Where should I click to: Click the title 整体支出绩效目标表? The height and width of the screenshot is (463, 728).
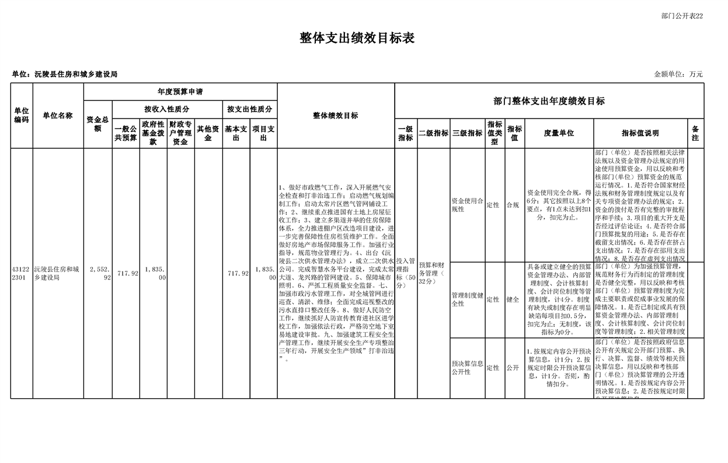[x=357, y=39]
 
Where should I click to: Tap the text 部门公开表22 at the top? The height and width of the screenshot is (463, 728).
[x=682, y=16]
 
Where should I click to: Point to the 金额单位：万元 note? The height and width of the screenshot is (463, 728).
[x=678, y=74]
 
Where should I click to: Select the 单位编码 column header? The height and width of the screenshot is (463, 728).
[x=22, y=116]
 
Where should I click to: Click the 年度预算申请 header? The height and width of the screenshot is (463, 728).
[x=180, y=92]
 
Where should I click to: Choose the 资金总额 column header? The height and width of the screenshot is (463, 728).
[x=97, y=124]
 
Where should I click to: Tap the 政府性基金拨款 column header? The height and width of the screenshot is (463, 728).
[x=153, y=133]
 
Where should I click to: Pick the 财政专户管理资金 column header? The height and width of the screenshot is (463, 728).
[x=180, y=133]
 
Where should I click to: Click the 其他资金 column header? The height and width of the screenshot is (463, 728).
[x=208, y=133]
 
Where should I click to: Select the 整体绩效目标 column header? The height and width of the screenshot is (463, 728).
[x=336, y=116]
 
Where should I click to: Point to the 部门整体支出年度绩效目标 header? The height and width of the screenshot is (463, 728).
[x=549, y=101]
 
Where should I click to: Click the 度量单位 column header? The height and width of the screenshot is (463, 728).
[x=559, y=133]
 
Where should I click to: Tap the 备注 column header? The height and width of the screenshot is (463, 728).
[x=695, y=133]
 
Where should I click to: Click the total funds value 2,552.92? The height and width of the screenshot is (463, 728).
[x=100, y=274]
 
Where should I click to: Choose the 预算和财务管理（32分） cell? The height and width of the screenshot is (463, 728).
[x=433, y=273]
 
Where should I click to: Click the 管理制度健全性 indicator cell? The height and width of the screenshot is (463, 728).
[x=467, y=300]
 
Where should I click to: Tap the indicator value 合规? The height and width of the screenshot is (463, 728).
[x=513, y=205]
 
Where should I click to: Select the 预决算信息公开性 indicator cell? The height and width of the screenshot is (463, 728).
[x=467, y=368]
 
